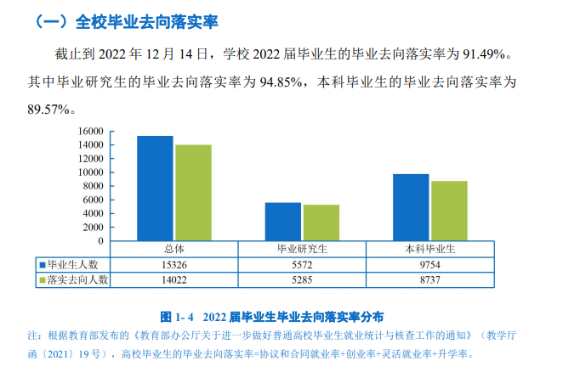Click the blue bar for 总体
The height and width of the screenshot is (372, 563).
155,189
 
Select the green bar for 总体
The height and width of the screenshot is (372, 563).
193,193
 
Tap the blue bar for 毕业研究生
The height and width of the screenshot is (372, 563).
282,222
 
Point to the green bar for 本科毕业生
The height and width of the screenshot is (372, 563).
448,211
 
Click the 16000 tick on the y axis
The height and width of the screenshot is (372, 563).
89,132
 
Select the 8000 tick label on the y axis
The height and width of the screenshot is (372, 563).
92,186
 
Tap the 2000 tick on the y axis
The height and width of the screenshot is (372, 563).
92,227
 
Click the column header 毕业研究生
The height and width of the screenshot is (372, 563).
302,249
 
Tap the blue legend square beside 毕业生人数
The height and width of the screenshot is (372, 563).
42,264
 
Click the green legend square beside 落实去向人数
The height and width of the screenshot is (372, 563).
42,279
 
